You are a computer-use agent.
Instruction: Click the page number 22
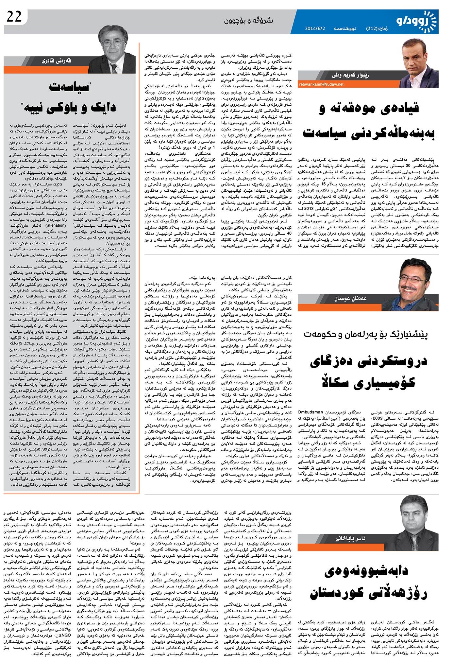click(x=14, y=16)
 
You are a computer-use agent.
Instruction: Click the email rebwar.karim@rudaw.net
click(x=321, y=84)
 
